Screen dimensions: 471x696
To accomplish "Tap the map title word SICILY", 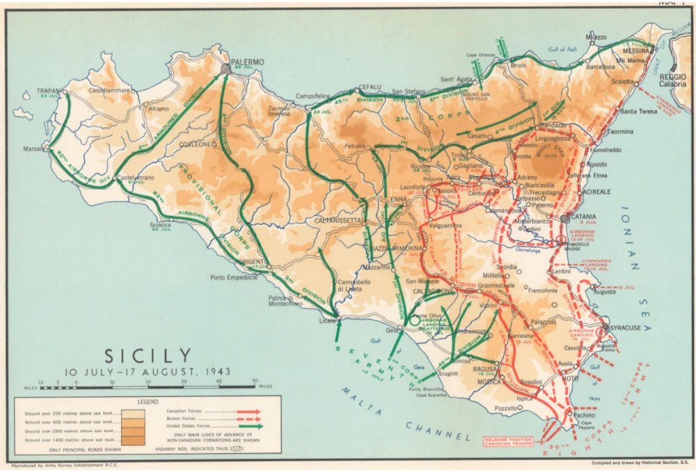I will [148, 355].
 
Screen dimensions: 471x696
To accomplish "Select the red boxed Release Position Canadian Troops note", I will [508, 443].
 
